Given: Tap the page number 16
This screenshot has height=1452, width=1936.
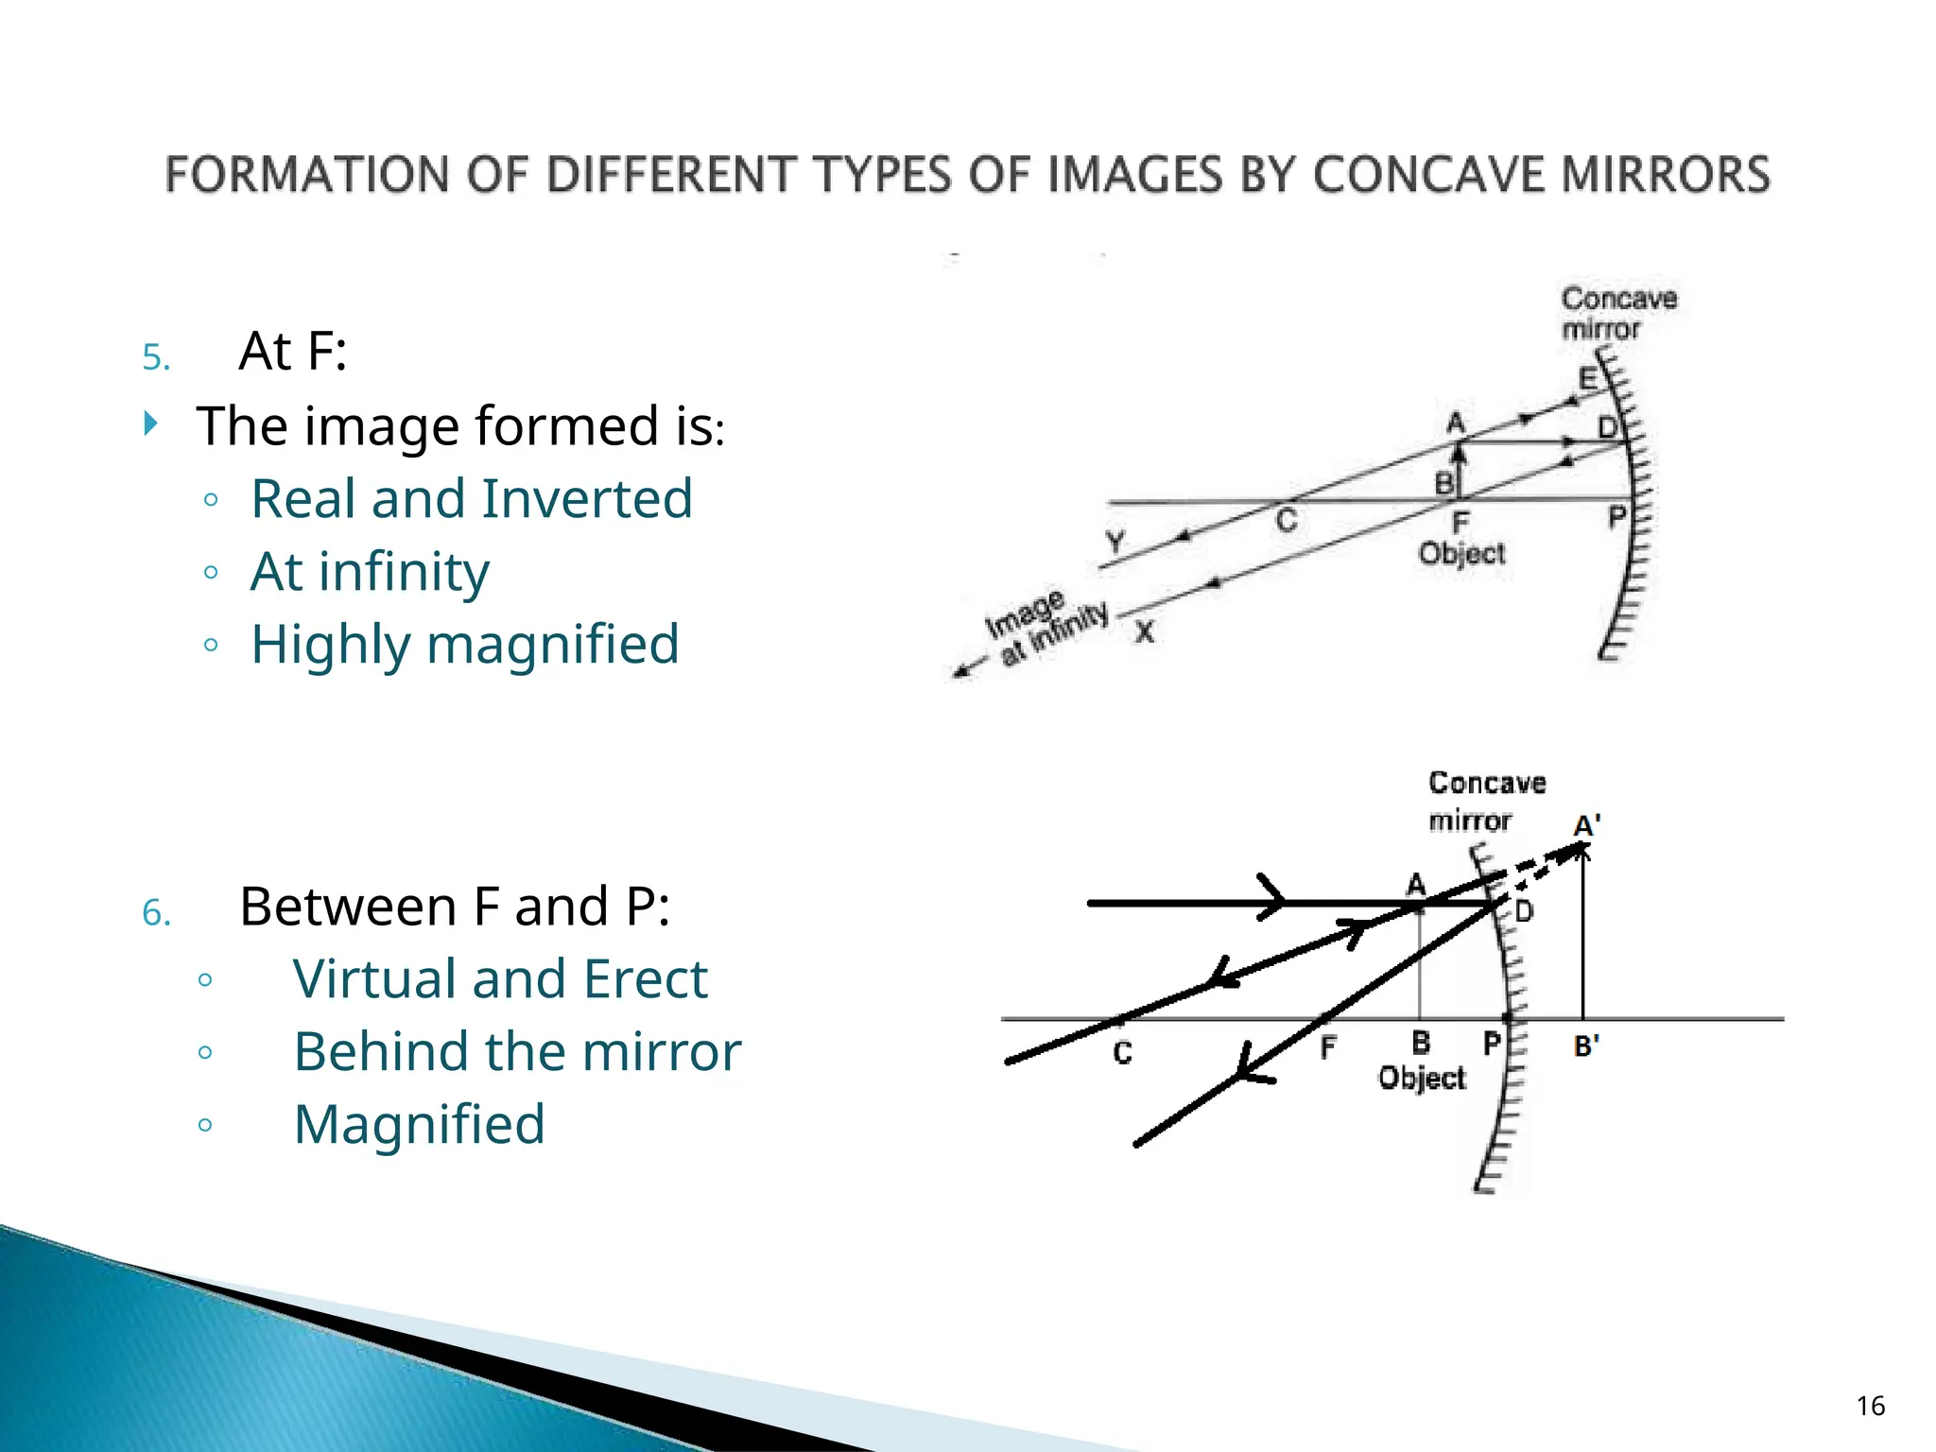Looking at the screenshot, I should coord(1870,1406).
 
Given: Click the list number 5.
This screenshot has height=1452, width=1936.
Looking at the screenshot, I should coord(156,358).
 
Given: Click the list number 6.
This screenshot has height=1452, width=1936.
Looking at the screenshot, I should coord(156,914).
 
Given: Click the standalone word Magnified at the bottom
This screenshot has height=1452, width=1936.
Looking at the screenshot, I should coord(419,1125).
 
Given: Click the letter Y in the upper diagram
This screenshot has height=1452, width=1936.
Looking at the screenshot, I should coord(1115,542).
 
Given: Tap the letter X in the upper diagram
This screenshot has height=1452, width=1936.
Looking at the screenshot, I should coord(1145,631).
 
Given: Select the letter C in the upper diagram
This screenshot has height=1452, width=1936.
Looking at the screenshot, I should coord(1287,521).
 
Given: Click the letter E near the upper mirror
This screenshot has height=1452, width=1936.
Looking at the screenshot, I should coord(1589,379).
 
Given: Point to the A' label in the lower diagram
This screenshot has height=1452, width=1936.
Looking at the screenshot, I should coord(1586,826).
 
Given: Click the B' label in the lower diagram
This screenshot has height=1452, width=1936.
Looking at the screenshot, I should coord(1586,1046).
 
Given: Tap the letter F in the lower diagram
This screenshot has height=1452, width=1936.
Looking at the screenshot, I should coord(1328,1046).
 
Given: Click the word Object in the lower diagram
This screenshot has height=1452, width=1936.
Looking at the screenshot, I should coord(1422,1079).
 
